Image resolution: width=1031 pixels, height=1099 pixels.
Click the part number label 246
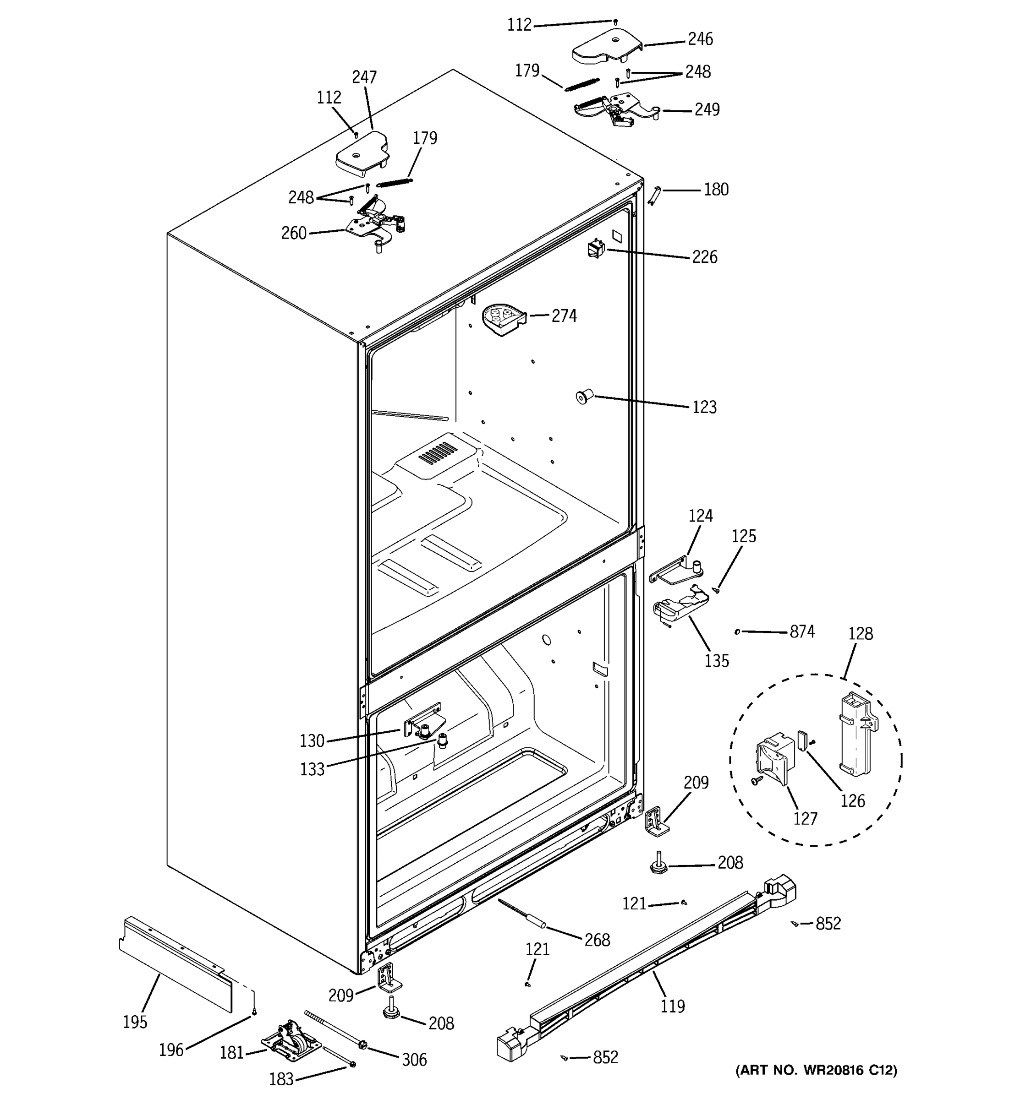point(700,39)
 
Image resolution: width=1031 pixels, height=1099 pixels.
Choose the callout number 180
point(716,190)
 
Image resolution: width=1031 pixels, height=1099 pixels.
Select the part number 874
point(801,631)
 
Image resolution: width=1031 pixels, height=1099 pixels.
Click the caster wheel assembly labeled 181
point(291,1041)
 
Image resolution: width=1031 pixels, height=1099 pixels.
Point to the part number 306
point(414,1059)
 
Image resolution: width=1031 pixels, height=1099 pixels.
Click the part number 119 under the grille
point(672,1006)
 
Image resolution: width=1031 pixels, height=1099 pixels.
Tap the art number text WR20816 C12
point(816,1070)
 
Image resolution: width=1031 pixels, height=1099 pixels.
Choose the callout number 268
point(597,939)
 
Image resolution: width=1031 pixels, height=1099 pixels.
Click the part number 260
point(294,233)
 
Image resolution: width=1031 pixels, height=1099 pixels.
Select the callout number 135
point(716,661)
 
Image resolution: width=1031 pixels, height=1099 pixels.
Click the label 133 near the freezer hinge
point(312,769)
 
